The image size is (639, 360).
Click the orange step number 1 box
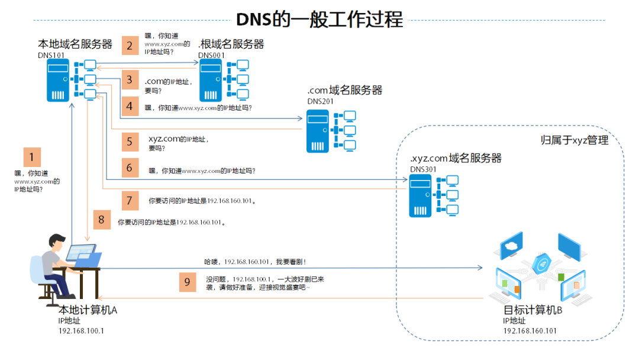tap(32, 157)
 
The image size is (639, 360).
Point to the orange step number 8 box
tap(101, 220)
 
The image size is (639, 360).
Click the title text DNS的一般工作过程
tap(319, 20)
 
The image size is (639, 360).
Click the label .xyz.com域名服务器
tap(456, 158)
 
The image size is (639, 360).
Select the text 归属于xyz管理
tap(575, 140)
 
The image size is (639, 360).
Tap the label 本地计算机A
tap(88, 310)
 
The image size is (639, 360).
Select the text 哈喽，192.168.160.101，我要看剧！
tap(254, 261)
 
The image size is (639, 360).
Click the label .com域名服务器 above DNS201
tap(344, 90)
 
